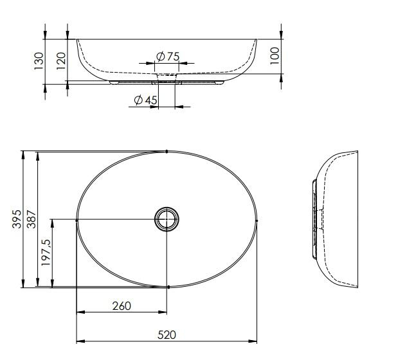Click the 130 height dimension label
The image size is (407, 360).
39,60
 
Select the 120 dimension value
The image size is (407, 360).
62,60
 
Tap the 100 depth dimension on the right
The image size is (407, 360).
275,54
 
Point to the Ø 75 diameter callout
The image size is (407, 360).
168,57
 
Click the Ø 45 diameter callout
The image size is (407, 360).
146,100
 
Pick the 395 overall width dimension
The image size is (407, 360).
17,219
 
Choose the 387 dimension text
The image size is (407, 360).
32,219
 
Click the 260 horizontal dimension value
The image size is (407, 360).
122,306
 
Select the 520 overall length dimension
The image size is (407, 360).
167,334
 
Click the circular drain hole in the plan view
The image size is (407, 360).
167,220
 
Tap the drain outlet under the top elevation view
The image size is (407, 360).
167,82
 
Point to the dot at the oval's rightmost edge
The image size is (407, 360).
257,221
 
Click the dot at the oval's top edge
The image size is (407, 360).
167,152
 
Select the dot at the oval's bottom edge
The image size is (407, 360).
168,287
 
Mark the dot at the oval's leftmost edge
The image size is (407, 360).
77,221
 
